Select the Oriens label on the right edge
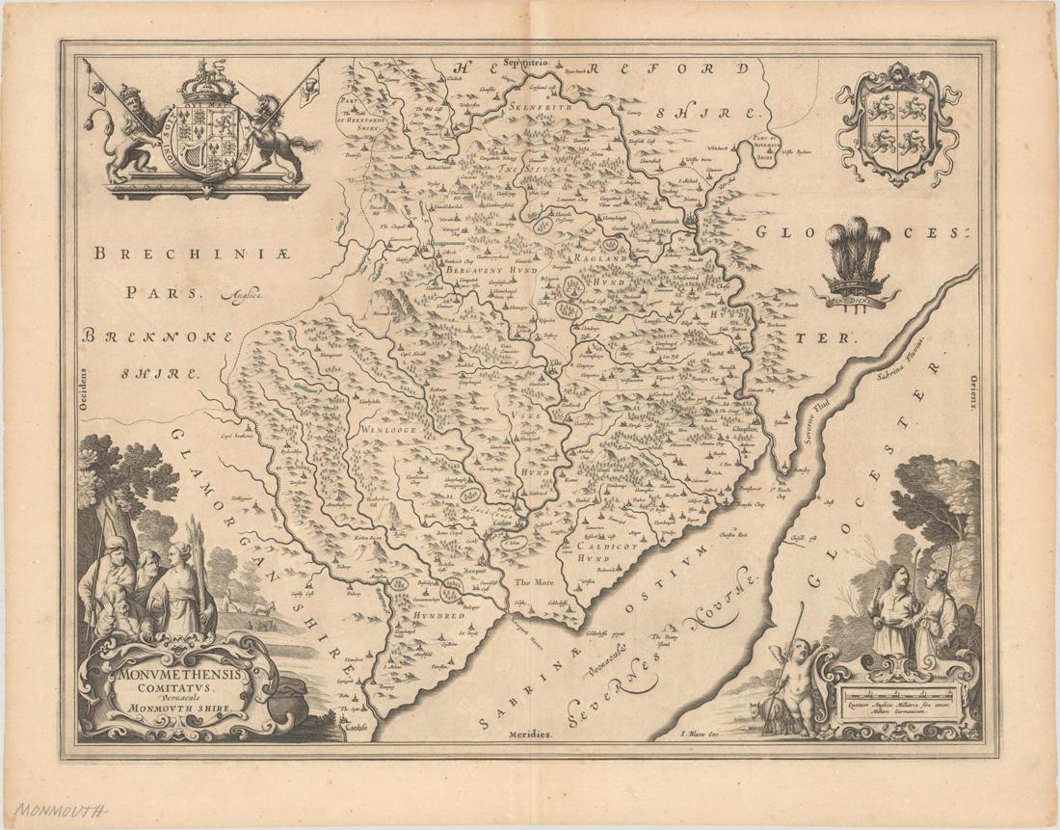973,393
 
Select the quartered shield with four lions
897,123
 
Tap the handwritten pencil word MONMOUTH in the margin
61,811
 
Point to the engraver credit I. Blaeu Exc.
701,734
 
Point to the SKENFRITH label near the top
541,108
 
